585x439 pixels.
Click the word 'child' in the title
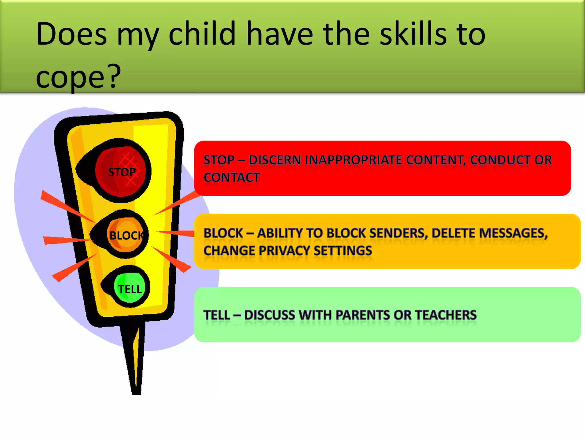(x=202, y=34)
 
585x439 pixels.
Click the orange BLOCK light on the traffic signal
(x=126, y=235)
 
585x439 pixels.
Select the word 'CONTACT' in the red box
(x=232, y=178)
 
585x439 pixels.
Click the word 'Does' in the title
(x=71, y=34)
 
